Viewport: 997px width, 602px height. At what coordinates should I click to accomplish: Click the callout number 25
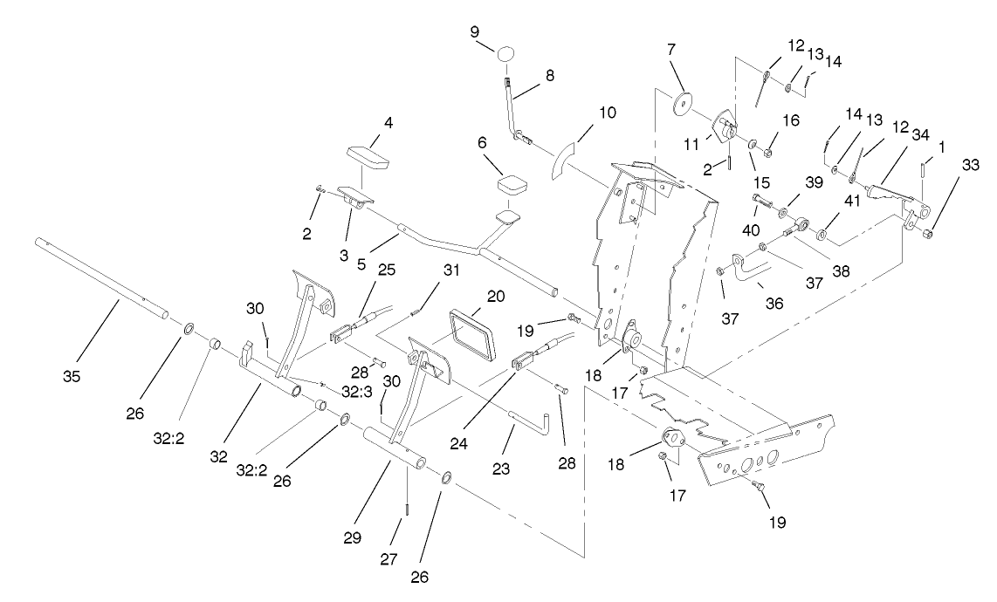[x=386, y=270]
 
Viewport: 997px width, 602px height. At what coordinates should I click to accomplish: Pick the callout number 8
[x=550, y=76]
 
